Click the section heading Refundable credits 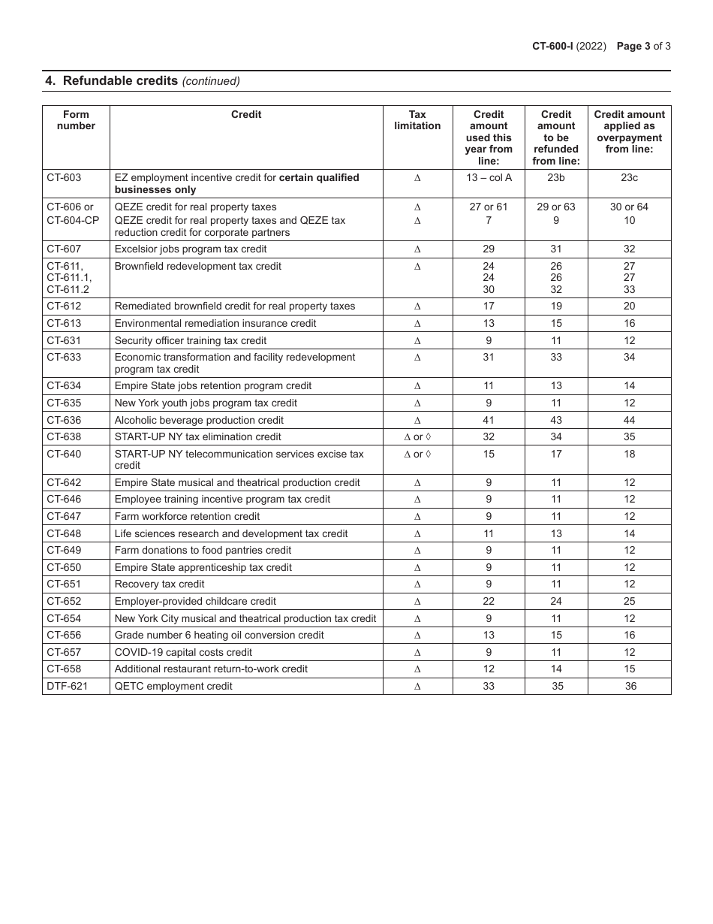[120, 81]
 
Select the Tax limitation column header [417, 120]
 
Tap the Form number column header [76, 120]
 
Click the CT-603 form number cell [64, 178]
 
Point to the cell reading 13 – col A [489, 178]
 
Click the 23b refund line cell [556, 178]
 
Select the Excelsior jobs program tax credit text [191, 249]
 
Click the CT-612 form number [64, 306]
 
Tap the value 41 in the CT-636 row [489, 421]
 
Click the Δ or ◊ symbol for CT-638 [417, 437]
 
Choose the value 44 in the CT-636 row [629, 421]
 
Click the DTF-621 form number [67, 687]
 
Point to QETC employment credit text [173, 687]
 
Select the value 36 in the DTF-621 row [630, 687]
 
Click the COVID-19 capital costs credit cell [183, 653]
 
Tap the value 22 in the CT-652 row [489, 602]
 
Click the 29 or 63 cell [556, 207]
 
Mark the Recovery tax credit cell [159, 584]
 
